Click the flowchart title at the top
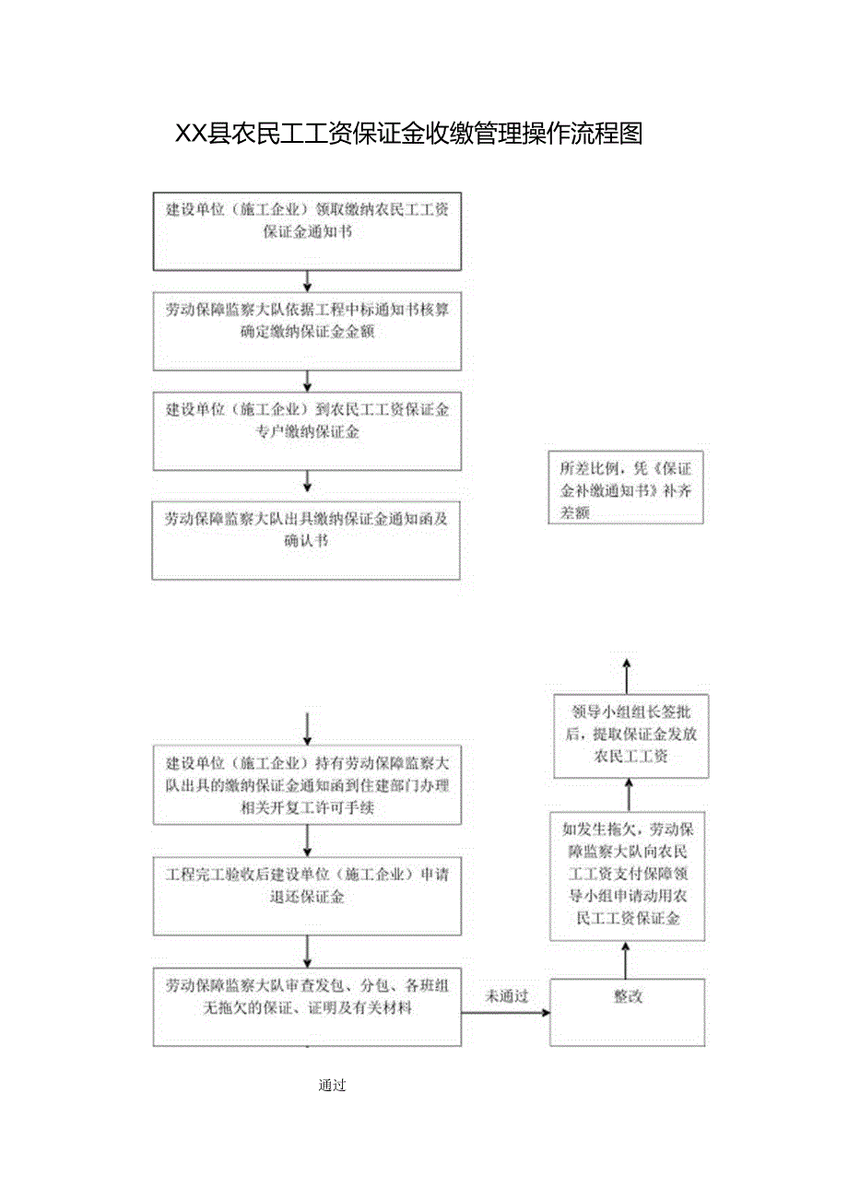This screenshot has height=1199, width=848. click(409, 135)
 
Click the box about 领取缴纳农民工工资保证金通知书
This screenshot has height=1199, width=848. click(307, 232)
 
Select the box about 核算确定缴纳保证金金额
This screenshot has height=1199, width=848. click(307, 332)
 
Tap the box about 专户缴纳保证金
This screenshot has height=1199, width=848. click(307, 431)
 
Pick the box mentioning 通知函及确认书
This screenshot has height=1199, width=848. click(307, 540)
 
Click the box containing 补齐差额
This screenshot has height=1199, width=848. click(627, 488)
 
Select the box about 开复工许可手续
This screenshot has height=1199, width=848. click(307, 784)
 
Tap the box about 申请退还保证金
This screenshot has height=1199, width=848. click(307, 894)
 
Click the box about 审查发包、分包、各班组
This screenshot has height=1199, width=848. click(307, 1005)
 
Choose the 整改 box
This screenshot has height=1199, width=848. click(628, 1012)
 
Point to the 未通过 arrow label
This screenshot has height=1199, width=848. click(508, 995)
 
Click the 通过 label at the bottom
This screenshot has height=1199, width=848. click(332, 1086)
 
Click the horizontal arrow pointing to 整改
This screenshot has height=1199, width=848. click(505, 1012)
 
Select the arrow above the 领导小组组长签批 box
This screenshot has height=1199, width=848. click(627, 676)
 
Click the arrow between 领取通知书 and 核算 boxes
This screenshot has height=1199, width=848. click(308, 281)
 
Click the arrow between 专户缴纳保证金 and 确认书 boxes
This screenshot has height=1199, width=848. click(308, 480)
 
